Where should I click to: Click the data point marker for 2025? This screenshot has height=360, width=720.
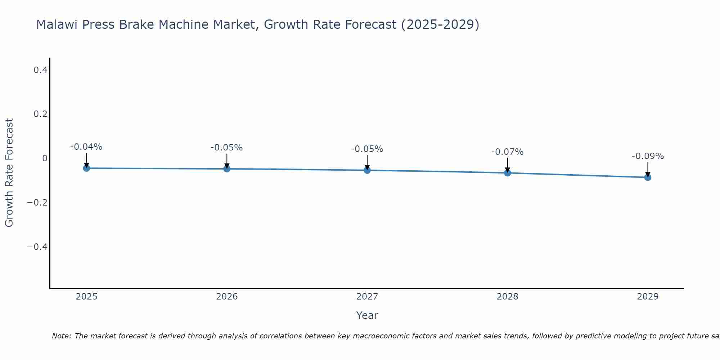86,168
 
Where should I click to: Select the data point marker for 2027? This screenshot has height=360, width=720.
367,170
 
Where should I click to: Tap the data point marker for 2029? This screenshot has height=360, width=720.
648,177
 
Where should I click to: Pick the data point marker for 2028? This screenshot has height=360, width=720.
508,173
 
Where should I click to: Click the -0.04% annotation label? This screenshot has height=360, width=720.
86,147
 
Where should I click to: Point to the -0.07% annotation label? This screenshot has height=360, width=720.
508,152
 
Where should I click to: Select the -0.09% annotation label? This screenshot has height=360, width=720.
648,156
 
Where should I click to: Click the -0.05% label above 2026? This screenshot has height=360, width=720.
227,148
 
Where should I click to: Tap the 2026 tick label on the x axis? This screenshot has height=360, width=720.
227,297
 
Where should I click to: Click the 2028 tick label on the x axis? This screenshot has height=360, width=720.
508,297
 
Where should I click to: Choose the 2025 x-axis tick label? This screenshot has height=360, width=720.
87,297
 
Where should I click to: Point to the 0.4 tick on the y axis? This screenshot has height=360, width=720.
40,70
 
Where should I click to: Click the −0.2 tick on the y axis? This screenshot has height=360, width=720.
37,203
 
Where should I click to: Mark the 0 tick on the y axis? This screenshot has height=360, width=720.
45,158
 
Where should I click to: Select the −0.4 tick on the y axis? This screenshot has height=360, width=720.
37,247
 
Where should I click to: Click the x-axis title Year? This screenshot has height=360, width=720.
367,315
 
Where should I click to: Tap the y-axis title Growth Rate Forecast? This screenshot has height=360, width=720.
9,173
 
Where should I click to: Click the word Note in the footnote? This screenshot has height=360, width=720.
61,336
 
